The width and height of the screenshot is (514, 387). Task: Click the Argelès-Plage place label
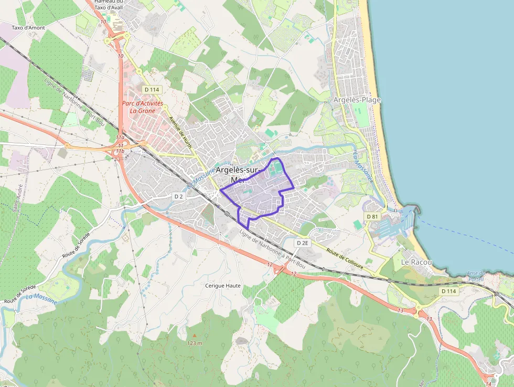[x=357, y=100]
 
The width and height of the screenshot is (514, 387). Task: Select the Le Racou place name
[x=416, y=262]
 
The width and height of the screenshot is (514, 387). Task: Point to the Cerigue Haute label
[x=223, y=286]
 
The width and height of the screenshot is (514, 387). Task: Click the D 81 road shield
[x=372, y=216]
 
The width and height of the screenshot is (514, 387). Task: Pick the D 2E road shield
[x=302, y=243]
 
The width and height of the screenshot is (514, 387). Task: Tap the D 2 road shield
[x=179, y=196]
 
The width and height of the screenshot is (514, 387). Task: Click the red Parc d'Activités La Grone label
[x=143, y=107]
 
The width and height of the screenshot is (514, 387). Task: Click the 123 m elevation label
[x=195, y=343]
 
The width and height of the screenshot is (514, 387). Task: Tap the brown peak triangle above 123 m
[x=195, y=335]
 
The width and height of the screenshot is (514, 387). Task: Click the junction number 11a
[x=120, y=138]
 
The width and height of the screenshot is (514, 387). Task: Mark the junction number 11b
[x=120, y=151]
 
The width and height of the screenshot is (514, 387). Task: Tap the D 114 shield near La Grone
[x=152, y=89]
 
